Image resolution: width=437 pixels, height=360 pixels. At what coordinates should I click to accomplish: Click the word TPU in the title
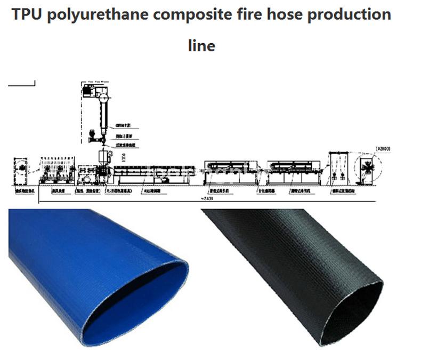(x=27, y=14)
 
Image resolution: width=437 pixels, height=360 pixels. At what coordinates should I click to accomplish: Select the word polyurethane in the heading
(x=98, y=14)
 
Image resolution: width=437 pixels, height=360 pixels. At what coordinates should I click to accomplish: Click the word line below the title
(x=201, y=46)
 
